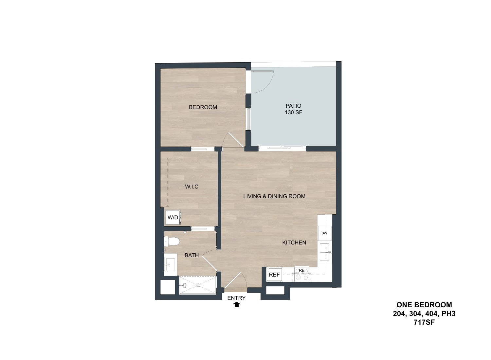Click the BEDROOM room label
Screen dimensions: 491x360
point(203,107)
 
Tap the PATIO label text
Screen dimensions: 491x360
point(293,106)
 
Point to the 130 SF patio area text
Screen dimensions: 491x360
point(293,112)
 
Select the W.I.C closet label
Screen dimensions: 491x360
point(191,187)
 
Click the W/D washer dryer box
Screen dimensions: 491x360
point(173,217)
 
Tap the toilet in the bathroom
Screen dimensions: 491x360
point(172,242)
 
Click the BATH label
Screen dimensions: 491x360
point(191,255)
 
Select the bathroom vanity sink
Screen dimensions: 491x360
point(170,264)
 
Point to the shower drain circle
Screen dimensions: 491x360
point(198,285)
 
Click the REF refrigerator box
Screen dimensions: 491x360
point(274,275)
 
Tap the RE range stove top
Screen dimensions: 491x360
point(301,274)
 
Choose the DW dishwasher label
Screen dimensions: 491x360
point(324,233)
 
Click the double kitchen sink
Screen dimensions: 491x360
point(325,252)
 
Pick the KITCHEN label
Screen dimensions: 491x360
point(294,243)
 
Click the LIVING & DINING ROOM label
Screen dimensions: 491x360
point(274,196)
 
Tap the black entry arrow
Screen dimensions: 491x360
point(236,305)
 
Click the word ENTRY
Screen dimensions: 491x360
point(236,298)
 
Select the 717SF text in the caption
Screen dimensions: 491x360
point(424,322)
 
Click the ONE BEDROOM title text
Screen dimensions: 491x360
point(424,305)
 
